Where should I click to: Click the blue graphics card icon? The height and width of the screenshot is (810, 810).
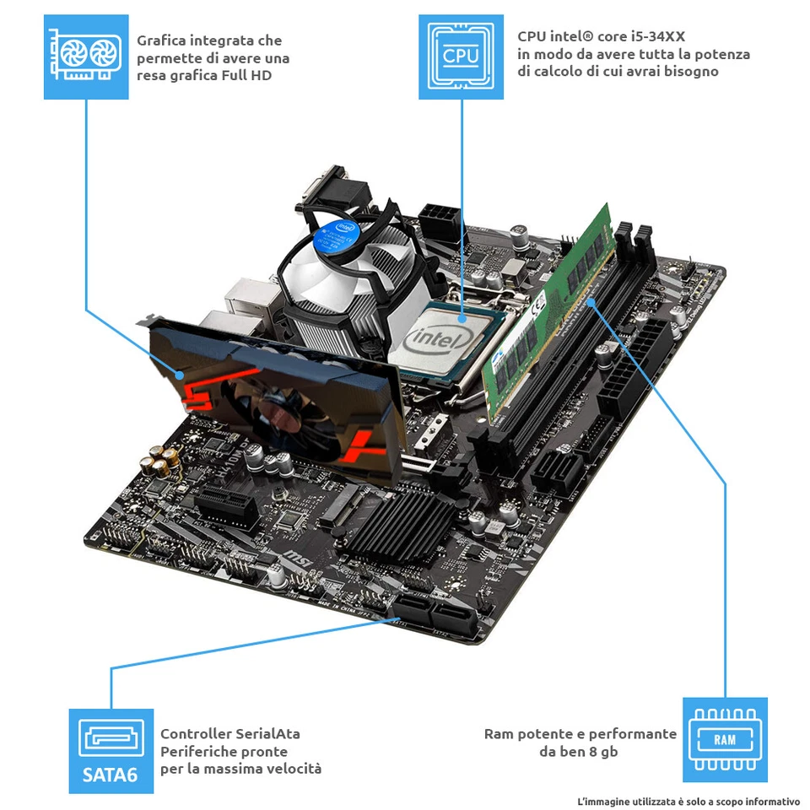coord(85,57)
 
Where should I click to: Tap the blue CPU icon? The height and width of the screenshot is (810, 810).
coord(461,57)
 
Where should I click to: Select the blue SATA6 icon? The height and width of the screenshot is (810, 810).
coord(111,750)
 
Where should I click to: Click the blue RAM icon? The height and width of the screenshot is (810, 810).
coord(725,739)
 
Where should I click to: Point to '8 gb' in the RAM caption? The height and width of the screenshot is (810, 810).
coord(602,751)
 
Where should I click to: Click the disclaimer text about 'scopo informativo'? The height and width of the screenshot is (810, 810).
coord(688,800)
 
